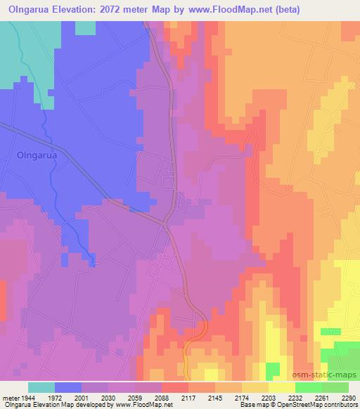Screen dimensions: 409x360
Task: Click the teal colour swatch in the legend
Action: click(x=41, y=387)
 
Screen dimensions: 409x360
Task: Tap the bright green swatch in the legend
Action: click(x=308, y=387)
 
